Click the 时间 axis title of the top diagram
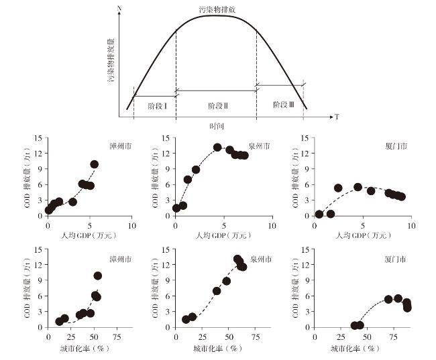pos(216,125)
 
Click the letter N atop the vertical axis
pos(119,7)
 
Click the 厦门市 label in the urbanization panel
pos(395,258)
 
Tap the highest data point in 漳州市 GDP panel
pos(95,164)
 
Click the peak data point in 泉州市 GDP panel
pos(217,147)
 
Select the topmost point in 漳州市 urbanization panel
pos(97,276)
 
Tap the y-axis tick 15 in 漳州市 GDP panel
pos(40,139)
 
